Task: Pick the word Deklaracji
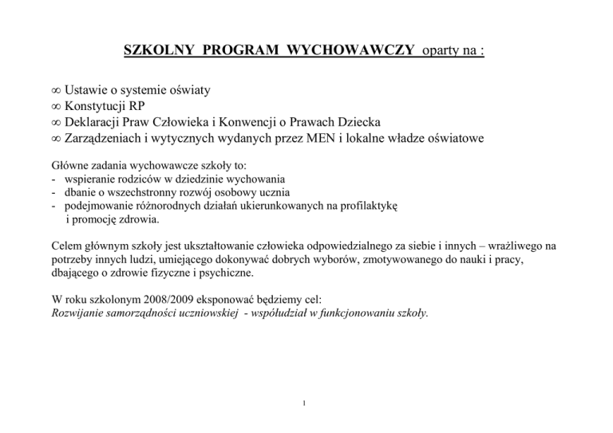coord(97,122)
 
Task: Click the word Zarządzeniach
coord(105,138)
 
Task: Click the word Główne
coord(69,166)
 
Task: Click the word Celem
coord(67,246)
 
